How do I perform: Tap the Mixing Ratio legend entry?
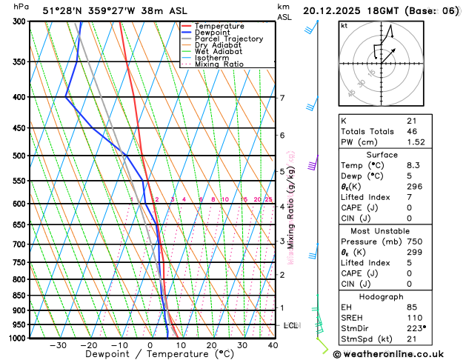point(219,64)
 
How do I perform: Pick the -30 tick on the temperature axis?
point(58,345)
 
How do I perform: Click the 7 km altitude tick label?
point(282,98)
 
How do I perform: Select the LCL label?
point(291,325)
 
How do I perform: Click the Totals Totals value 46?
point(412,131)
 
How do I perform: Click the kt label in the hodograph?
point(344,25)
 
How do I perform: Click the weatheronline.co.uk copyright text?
point(398,353)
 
